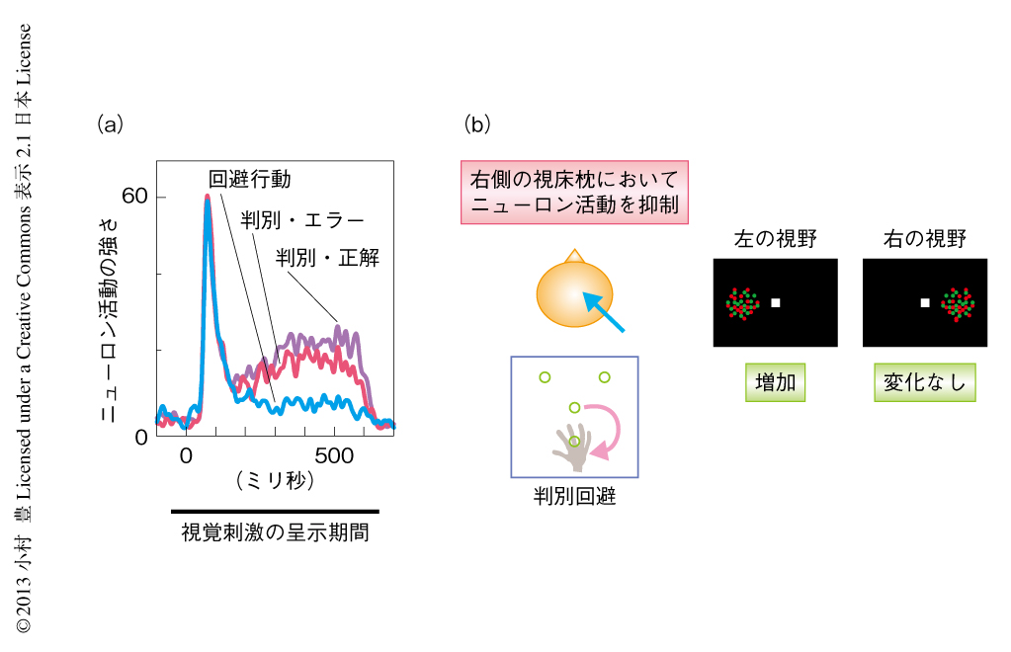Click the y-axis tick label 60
(x=134, y=196)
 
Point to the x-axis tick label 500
(x=334, y=455)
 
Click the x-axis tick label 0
(x=186, y=455)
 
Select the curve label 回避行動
(x=249, y=179)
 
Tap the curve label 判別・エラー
(x=302, y=220)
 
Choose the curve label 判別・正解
(x=327, y=258)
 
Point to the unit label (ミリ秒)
(x=276, y=480)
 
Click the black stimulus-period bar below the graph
(x=275, y=512)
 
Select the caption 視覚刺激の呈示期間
(x=276, y=532)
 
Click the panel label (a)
(x=111, y=123)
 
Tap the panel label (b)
(x=477, y=123)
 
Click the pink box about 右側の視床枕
(x=574, y=192)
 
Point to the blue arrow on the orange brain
(x=604, y=312)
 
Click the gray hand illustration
(x=572, y=447)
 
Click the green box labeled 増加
(x=775, y=382)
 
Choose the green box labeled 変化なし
(x=925, y=382)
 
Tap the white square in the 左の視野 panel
(x=776, y=303)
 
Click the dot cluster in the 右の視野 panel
(x=958, y=304)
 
